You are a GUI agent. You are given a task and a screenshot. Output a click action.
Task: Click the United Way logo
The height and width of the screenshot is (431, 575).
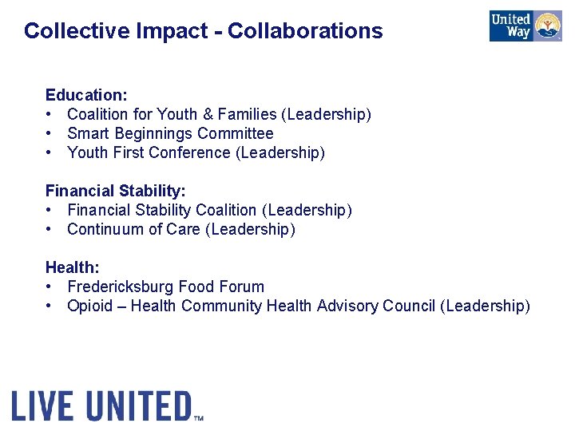[525, 26]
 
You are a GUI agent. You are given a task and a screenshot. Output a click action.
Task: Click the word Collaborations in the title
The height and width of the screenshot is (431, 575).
[305, 31]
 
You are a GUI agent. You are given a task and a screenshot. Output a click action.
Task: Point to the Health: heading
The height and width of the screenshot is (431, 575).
[72, 267]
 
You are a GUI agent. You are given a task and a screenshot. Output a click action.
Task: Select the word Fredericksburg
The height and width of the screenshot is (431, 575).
[121, 287]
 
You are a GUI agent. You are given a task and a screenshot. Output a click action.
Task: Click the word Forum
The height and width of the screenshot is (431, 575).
[241, 287]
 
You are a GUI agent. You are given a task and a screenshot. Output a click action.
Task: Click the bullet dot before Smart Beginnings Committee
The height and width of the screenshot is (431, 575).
[50, 133]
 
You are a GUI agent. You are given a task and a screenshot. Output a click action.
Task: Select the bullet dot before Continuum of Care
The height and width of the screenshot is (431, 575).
[50, 229]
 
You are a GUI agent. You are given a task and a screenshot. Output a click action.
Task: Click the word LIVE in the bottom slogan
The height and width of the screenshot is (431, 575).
[44, 406]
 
